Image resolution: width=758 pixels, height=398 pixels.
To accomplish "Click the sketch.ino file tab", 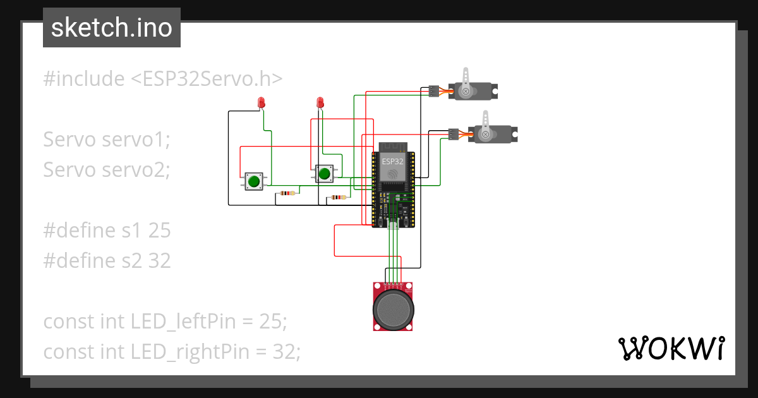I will point(111,28).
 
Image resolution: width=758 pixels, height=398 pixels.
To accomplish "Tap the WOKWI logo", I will point(671,348).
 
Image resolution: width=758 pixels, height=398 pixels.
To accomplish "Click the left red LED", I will point(261,102).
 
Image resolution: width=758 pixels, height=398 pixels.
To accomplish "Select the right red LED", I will point(320,102).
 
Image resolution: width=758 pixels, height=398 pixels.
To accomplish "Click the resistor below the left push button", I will point(289,193).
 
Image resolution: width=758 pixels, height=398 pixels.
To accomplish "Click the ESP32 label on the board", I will point(392,161).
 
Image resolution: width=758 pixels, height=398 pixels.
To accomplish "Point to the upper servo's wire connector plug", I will point(433,92).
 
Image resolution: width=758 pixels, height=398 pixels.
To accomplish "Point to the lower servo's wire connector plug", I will point(453,134).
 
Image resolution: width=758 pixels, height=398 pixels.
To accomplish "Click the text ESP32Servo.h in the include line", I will point(207,79).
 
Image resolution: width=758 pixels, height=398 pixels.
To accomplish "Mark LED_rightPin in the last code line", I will point(189,352).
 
